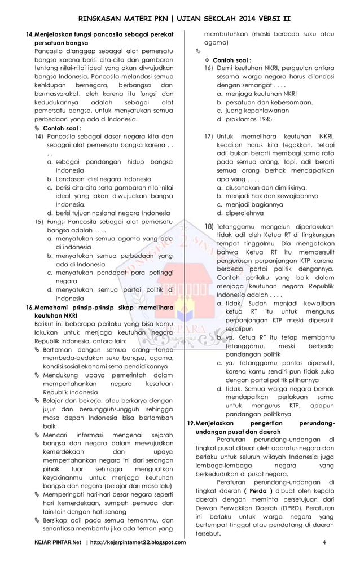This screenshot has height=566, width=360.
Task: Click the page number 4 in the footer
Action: (324, 543)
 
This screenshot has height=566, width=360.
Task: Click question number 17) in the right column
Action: (208, 136)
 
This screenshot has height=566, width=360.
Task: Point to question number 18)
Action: (208, 226)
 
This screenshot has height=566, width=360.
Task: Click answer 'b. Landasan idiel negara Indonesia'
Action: (99, 179)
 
